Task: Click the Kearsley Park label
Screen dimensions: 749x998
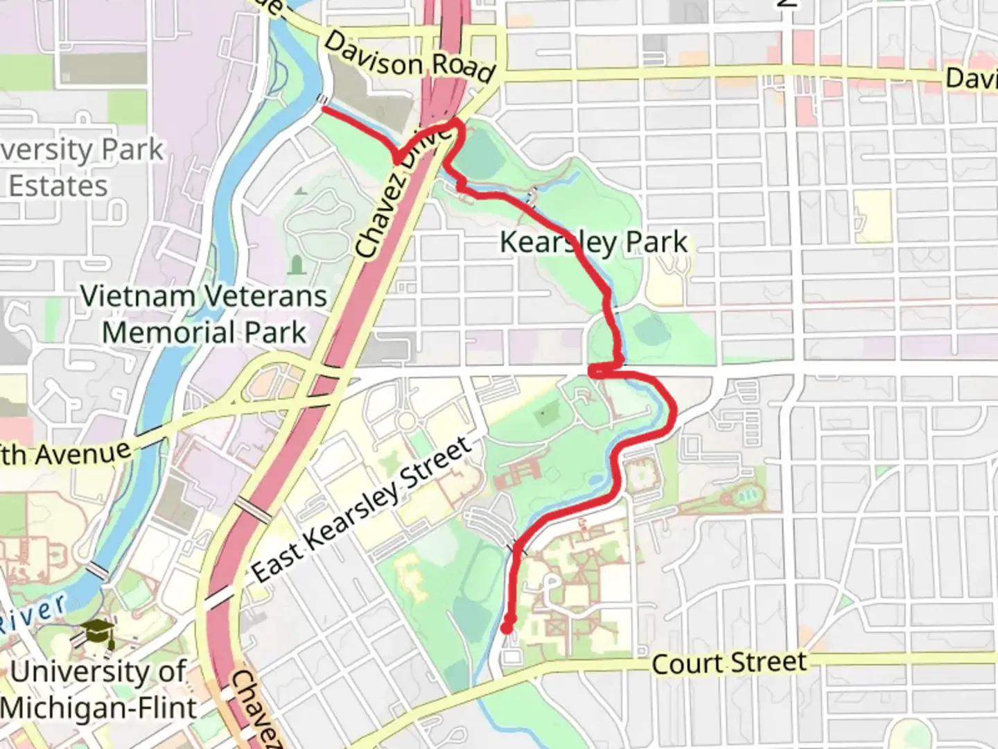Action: click(x=594, y=243)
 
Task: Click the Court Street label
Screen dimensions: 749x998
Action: click(x=729, y=663)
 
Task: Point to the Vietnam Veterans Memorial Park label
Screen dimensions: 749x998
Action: click(x=204, y=314)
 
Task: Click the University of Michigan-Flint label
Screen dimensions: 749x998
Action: click(x=98, y=689)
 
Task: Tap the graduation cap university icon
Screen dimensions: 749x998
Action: click(x=96, y=632)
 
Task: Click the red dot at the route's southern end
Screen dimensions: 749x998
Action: click(x=507, y=627)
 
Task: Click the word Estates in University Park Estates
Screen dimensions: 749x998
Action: click(x=58, y=186)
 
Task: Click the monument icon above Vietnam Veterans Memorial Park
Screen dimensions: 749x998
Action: click(x=297, y=265)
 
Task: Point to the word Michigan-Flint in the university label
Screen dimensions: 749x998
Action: click(x=98, y=708)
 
